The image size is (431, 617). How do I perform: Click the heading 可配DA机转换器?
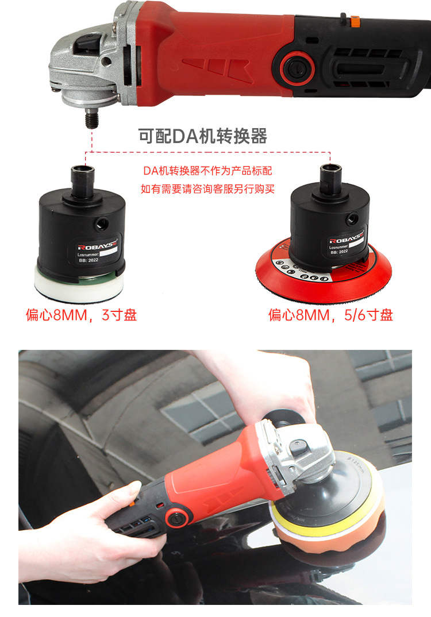tap(203, 136)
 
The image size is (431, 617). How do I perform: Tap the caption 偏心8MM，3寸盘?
tap(81, 315)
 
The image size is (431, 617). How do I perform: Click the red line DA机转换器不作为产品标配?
tap(207, 171)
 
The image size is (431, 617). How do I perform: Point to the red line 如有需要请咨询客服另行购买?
tap(207, 188)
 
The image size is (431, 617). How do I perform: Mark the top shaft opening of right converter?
tap(331, 169)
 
